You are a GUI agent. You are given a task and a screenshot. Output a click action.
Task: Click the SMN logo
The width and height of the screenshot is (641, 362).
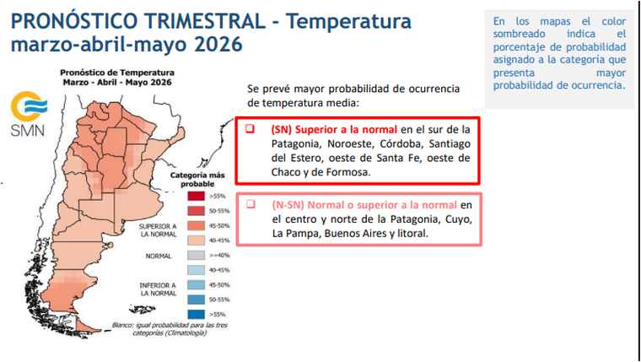[28, 114]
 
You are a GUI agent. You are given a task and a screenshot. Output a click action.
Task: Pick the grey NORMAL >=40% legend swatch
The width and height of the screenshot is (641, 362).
[196, 254]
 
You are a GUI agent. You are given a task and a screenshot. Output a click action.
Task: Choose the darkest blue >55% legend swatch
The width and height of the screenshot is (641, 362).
[196, 313]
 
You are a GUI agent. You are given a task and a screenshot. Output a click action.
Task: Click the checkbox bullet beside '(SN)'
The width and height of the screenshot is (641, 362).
[250, 129]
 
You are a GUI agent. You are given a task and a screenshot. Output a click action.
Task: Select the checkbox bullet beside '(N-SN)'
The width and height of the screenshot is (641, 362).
[250, 205]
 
